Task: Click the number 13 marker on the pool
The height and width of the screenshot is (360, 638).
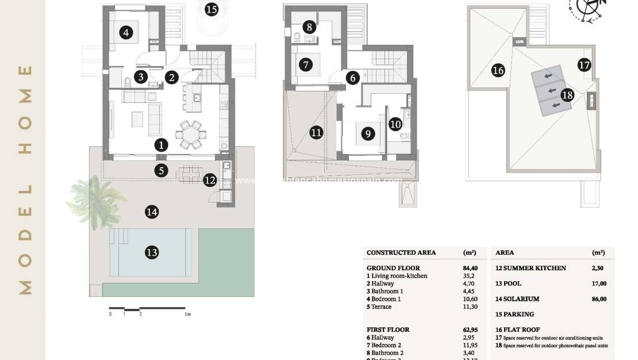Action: [x=152, y=252]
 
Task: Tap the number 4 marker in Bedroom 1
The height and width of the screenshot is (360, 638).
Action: [x=126, y=33]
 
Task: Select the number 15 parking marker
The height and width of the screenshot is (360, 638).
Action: [x=212, y=9]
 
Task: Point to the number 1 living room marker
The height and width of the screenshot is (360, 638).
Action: [x=162, y=145]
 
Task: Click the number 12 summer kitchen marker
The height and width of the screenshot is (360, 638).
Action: [x=210, y=180]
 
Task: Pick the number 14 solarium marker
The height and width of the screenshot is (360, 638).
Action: [x=152, y=212]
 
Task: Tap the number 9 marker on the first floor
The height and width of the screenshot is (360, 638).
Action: [x=367, y=134]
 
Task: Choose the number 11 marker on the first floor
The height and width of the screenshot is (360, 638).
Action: [x=316, y=133]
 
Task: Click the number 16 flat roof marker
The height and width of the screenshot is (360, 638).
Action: [x=498, y=71]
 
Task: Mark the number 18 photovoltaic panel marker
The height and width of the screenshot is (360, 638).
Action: [x=567, y=95]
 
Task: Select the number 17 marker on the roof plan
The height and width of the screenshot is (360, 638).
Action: [x=584, y=65]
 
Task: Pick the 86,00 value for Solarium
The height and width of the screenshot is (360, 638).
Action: [x=599, y=299]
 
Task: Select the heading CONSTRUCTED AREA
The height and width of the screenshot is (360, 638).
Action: [x=401, y=252]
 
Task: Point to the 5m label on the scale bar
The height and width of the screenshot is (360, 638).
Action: [x=187, y=315]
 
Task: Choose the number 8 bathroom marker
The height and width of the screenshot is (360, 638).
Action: [x=309, y=26]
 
